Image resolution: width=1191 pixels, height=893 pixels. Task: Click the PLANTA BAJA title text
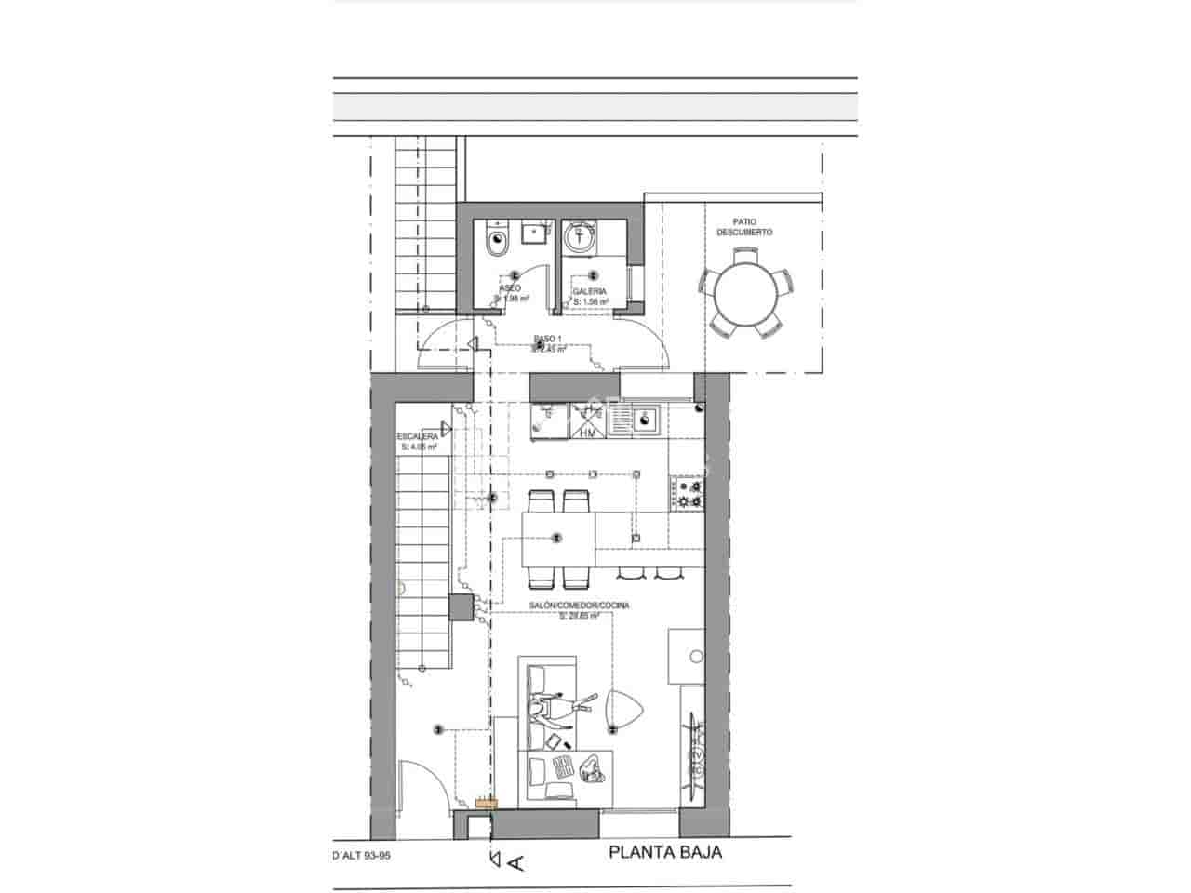point(665,852)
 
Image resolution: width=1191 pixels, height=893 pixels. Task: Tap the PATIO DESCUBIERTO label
point(744,227)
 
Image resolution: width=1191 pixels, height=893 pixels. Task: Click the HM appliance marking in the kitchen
point(587,433)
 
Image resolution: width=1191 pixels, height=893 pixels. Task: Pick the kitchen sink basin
point(643,423)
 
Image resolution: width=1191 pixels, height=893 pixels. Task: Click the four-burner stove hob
point(689,493)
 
